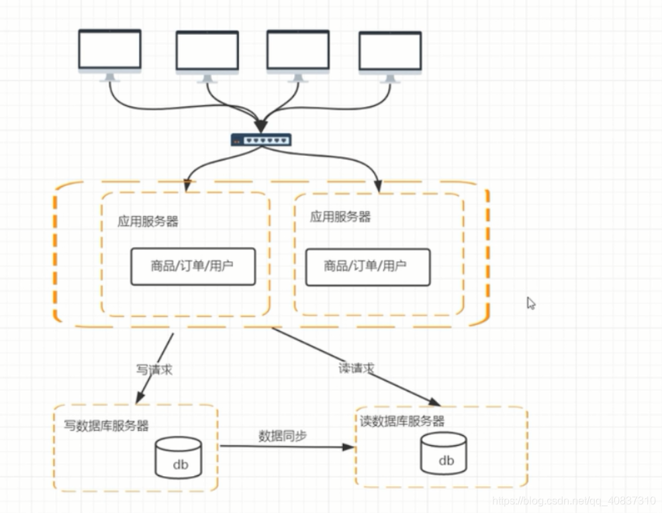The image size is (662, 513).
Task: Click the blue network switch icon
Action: [261, 140]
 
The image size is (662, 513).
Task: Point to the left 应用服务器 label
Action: [148, 222]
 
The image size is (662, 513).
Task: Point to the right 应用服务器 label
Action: [340, 217]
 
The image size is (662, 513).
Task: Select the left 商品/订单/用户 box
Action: [193, 266]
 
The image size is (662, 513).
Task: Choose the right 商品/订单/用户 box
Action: [367, 267]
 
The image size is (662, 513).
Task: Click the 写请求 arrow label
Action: [154, 369]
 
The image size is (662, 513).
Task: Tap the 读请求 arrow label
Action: [356, 368]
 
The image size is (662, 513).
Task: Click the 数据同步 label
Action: [283, 436]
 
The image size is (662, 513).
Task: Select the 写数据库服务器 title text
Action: [106, 426]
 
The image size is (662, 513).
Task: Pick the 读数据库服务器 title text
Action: [402, 421]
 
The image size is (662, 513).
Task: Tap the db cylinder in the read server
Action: [444, 453]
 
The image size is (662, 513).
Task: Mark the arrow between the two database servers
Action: [286, 446]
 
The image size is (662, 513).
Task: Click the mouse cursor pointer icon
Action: [530, 304]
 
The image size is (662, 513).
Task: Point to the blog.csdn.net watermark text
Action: [573, 501]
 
